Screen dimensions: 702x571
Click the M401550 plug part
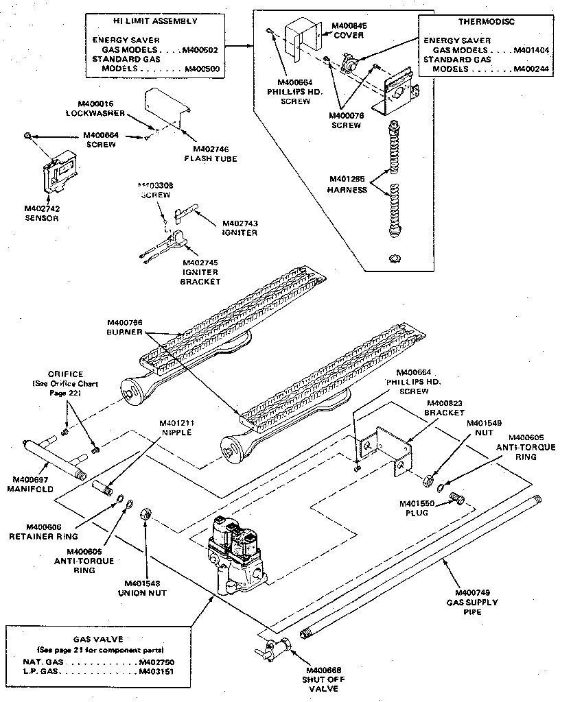(x=456, y=498)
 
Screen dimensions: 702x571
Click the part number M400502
(x=201, y=50)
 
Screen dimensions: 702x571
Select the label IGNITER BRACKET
(x=200, y=277)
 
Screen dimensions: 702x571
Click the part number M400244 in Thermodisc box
(x=535, y=69)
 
